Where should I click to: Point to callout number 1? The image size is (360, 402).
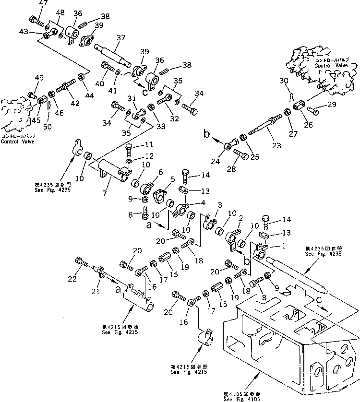click(270, 245)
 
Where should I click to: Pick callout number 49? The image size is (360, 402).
click(39, 78)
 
